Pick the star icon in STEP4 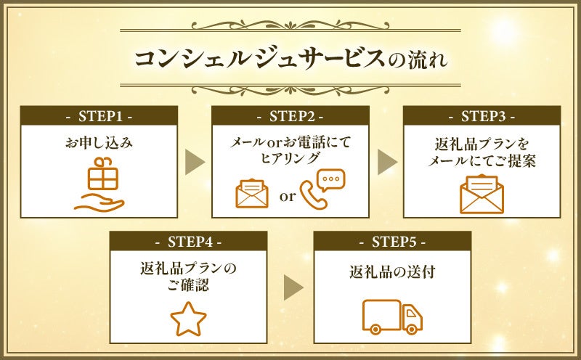(188, 317)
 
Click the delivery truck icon (392, 314)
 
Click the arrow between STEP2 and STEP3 (386, 163)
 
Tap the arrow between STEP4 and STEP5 (293, 288)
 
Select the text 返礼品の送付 (392, 274)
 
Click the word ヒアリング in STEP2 (290, 157)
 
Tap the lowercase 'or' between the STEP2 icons (288, 196)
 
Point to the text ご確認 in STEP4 (188, 285)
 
